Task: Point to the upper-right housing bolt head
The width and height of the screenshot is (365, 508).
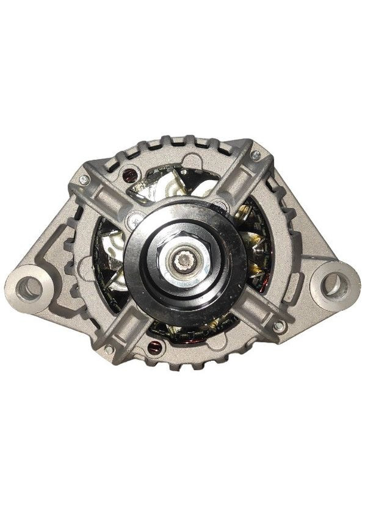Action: coord(256,155)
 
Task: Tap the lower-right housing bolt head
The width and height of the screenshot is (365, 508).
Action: coord(278,327)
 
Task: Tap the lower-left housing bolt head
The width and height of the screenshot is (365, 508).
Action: coord(109,349)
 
